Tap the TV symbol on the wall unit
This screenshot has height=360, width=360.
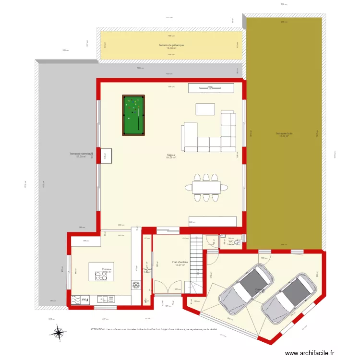(210, 88)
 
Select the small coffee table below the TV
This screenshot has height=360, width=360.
(205, 109)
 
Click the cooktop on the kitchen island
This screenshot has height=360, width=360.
(102, 276)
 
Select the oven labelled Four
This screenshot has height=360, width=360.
(84, 300)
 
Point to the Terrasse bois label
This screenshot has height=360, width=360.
(284, 134)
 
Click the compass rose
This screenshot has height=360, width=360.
(59, 332)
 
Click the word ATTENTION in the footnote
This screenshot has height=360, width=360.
(98, 330)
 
